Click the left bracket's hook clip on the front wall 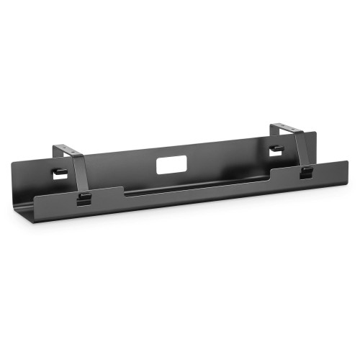point(84,197)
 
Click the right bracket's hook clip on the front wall point(305,172)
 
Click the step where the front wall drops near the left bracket point(124,193)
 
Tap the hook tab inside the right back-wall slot point(274,149)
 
